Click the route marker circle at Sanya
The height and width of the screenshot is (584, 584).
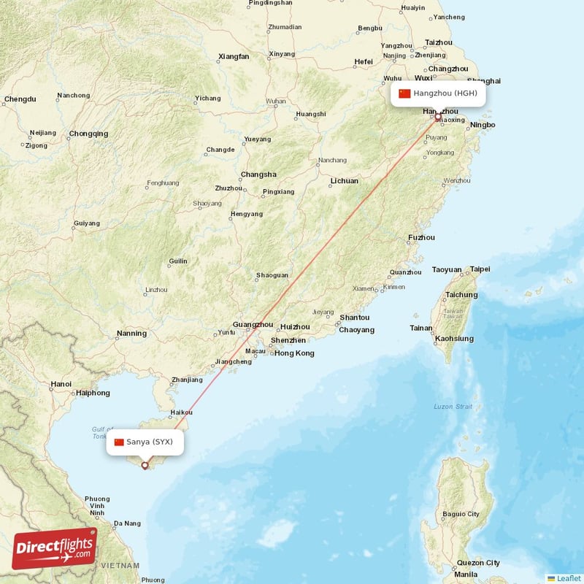coord(145,465)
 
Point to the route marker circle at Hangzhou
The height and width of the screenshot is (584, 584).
coord(437,117)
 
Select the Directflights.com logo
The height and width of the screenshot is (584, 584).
coord(55,548)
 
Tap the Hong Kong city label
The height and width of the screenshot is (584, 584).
coord(294,353)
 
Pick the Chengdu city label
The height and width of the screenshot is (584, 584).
coord(20,99)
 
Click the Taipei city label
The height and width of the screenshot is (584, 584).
coord(480,269)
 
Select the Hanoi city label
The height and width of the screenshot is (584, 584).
coord(61,384)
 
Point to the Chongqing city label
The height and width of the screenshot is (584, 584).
coord(88,134)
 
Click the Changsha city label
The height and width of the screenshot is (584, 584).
coord(258,174)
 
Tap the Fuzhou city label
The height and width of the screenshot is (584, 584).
coord(421,237)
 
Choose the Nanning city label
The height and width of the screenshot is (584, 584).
coord(131,334)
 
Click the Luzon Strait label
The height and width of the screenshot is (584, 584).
coord(453,407)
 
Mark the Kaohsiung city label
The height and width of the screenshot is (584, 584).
coord(454,339)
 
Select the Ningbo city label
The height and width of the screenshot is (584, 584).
coord(483,125)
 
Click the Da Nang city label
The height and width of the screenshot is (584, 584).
coord(127,523)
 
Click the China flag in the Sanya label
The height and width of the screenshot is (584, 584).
coord(119,442)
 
